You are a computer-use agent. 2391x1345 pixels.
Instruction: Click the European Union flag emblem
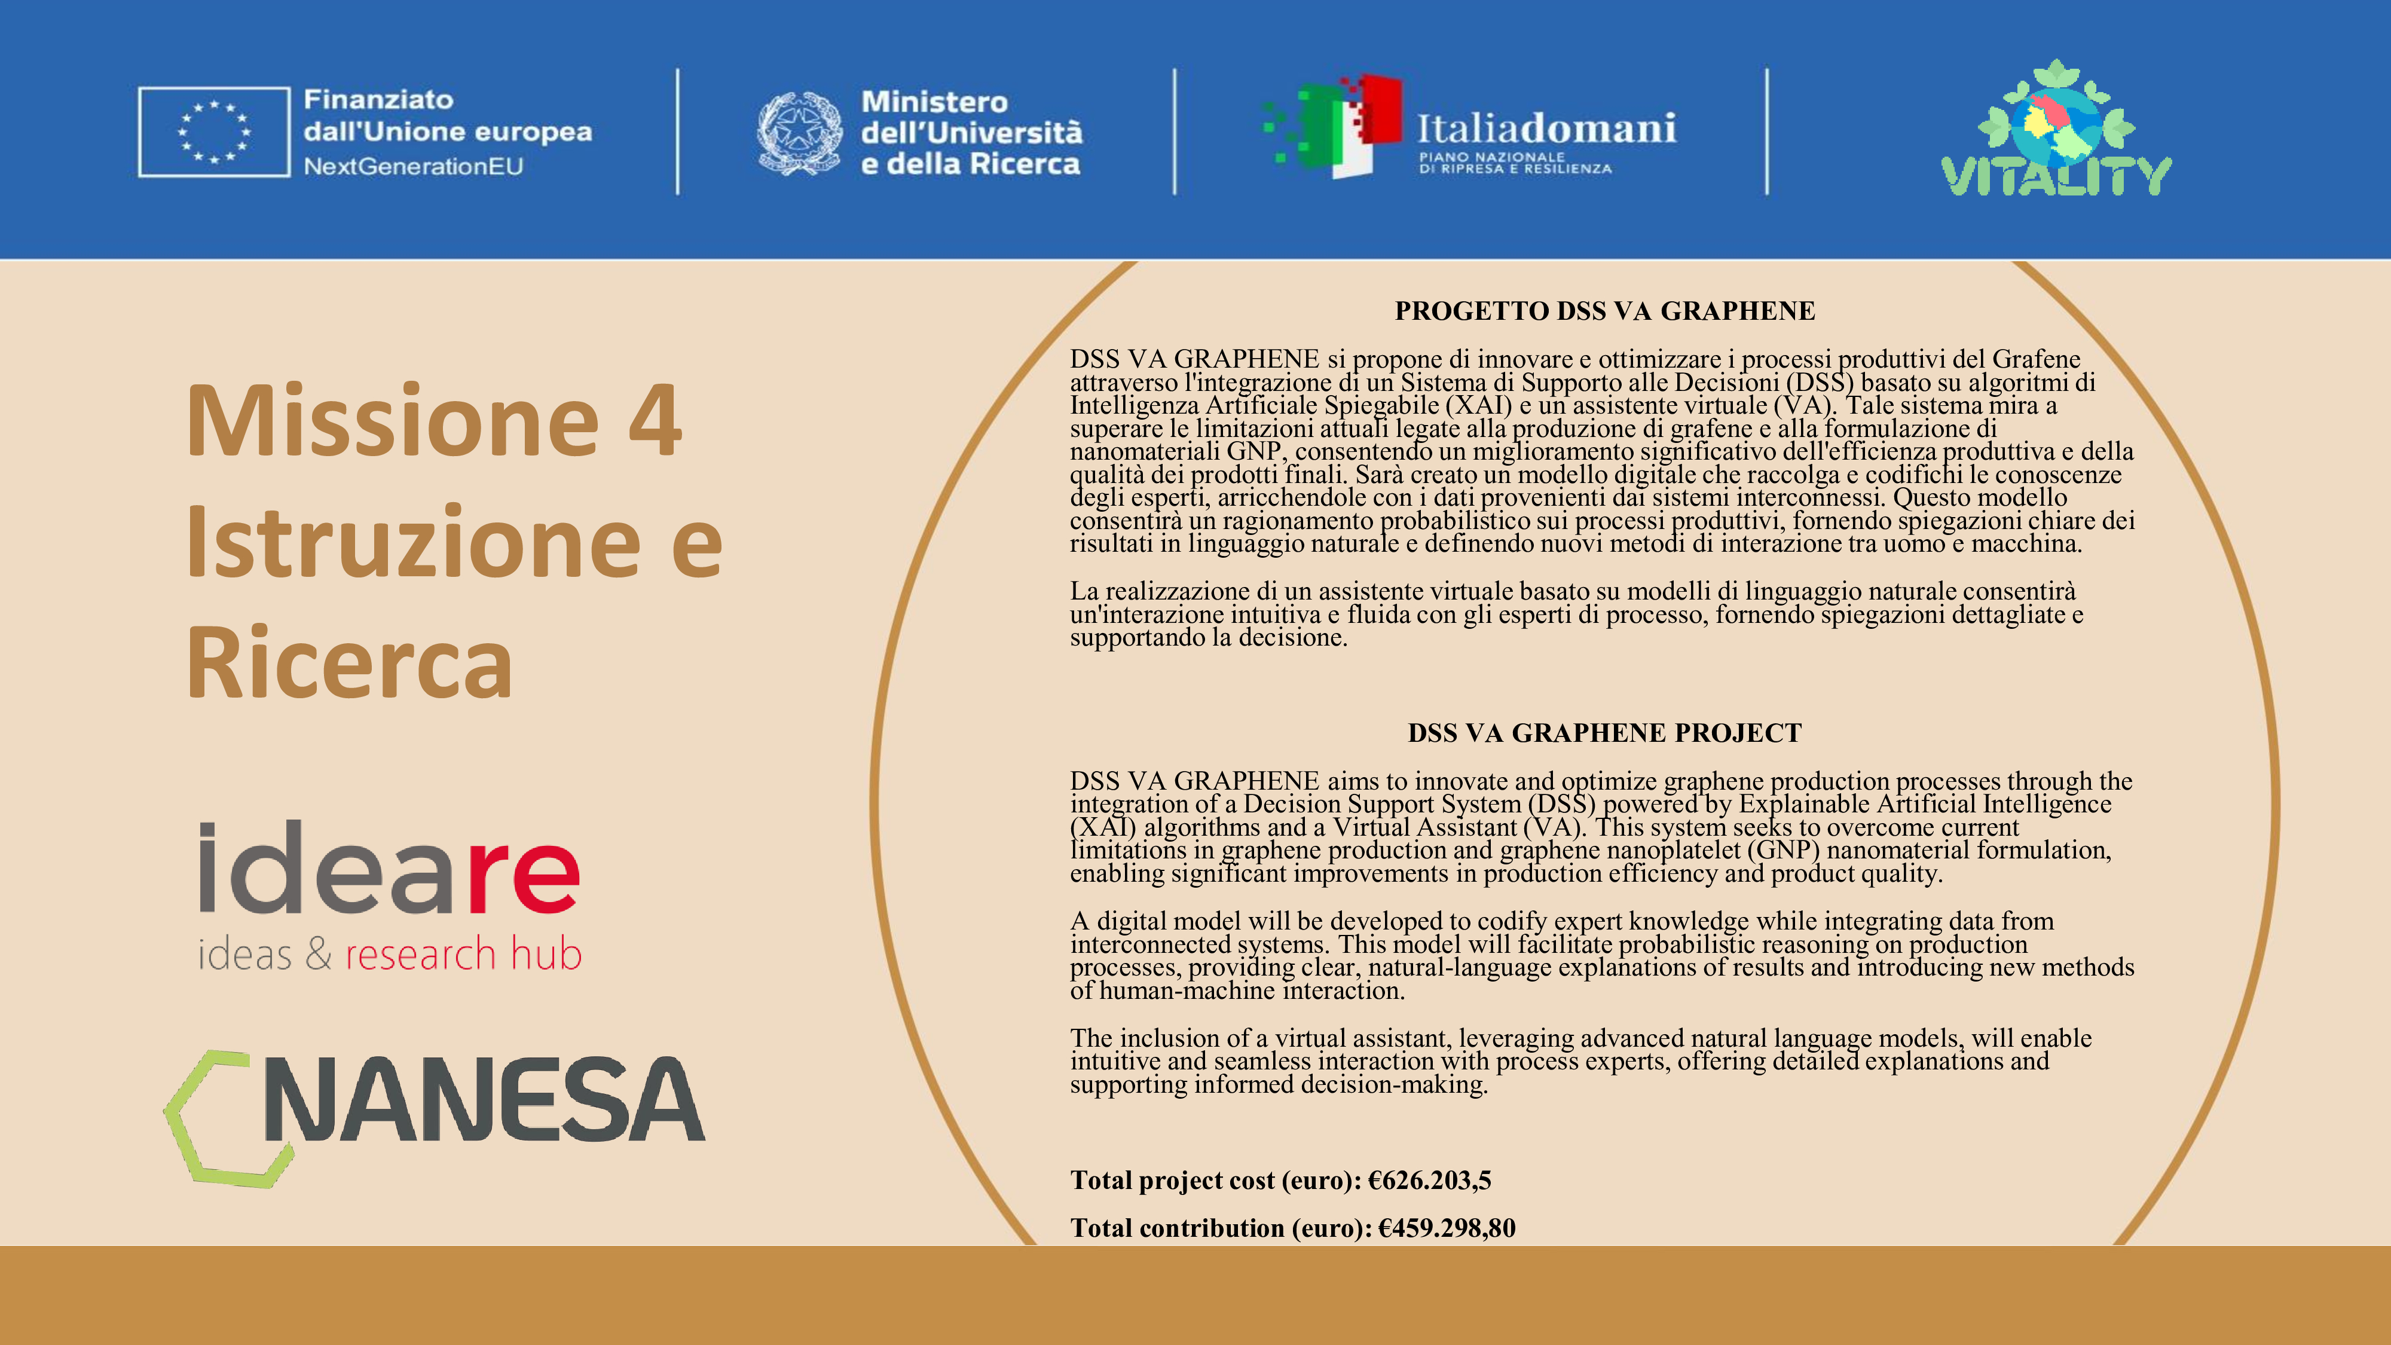[x=215, y=132]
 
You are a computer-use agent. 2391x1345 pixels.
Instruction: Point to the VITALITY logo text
[x=2055, y=176]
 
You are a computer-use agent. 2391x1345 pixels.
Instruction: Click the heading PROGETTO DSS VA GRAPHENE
[x=1604, y=311]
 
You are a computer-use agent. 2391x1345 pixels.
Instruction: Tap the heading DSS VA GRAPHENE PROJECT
[x=1604, y=733]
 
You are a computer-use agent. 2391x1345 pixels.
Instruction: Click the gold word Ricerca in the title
[x=349, y=663]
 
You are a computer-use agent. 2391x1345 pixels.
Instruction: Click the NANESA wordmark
[x=485, y=1100]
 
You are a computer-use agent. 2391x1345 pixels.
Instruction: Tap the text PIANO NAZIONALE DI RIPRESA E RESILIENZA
[x=1515, y=163]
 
